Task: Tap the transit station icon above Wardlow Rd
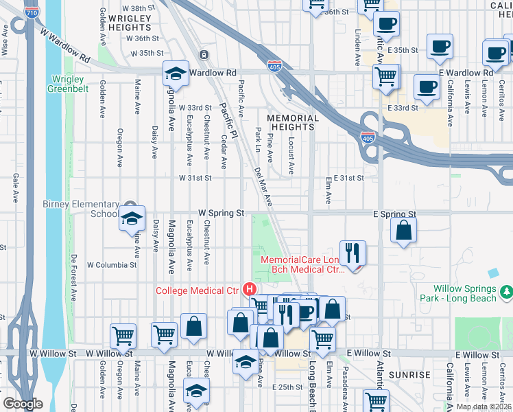[204, 54]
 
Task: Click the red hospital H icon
[250, 289]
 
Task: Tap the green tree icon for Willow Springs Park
[507, 293]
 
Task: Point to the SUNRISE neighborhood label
[409, 375]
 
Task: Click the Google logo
[22, 404]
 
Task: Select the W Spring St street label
[222, 214]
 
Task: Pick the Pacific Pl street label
[228, 120]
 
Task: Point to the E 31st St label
[348, 178]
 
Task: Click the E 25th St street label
[287, 387]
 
